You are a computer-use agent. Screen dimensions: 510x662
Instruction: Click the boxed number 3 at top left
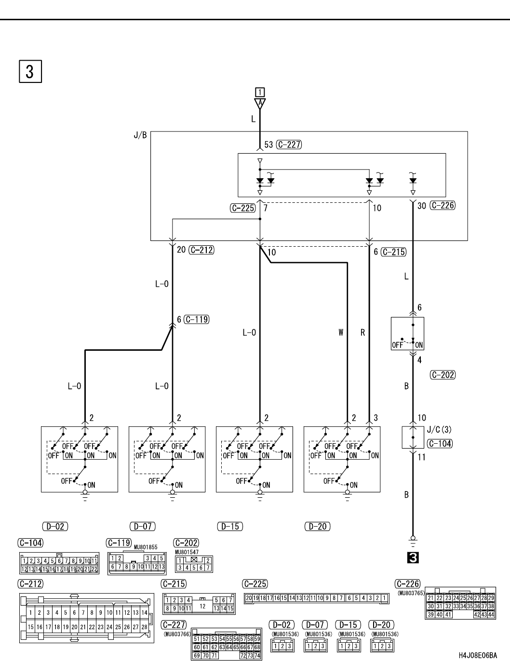tap(30, 72)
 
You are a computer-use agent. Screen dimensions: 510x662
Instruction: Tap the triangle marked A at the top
tap(260, 104)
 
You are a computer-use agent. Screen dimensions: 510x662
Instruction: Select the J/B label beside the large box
tap(140, 135)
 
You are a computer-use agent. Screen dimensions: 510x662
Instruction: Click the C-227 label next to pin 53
tap(289, 145)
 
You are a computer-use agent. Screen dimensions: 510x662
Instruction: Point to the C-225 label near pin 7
tap(243, 208)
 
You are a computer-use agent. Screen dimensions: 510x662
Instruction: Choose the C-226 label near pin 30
tap(443, 206)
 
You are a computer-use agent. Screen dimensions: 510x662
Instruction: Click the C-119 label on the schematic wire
tap(197, 319)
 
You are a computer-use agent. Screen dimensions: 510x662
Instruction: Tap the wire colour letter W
tap(341, 332)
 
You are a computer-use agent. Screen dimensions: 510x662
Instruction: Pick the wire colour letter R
tap(362, 332)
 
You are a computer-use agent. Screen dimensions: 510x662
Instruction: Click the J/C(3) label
tap(439, 430)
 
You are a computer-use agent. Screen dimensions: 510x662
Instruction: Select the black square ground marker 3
tap(413, 558)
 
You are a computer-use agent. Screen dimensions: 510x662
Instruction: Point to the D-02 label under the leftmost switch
tap(55, 526)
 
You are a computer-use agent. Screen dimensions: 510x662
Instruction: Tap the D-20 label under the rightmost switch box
tap(318, 526)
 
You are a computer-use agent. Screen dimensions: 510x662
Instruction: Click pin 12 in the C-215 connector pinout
tap(202, 606)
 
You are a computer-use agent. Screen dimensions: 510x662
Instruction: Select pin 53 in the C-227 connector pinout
tap(215, 639)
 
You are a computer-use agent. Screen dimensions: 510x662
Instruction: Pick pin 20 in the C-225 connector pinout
tap(249, 598)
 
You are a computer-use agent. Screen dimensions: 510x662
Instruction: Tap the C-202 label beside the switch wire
tap(443, 375)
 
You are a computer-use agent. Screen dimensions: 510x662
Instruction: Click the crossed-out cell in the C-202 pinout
tap(194, 560)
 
